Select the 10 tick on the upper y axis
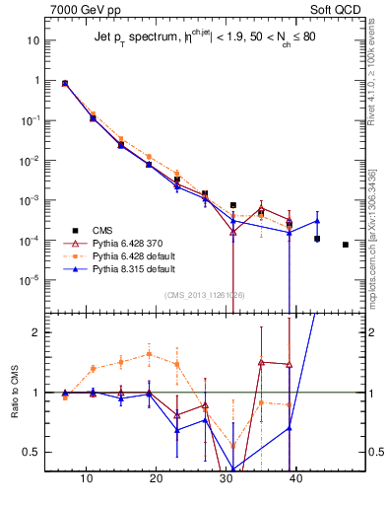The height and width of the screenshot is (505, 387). click(x=32, y=40)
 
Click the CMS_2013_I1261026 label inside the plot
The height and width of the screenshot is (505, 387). click(x=205, y=295)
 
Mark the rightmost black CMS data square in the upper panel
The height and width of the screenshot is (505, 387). click(x=346, y=245)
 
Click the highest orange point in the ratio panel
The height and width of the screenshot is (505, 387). click(x=149, y=354)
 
